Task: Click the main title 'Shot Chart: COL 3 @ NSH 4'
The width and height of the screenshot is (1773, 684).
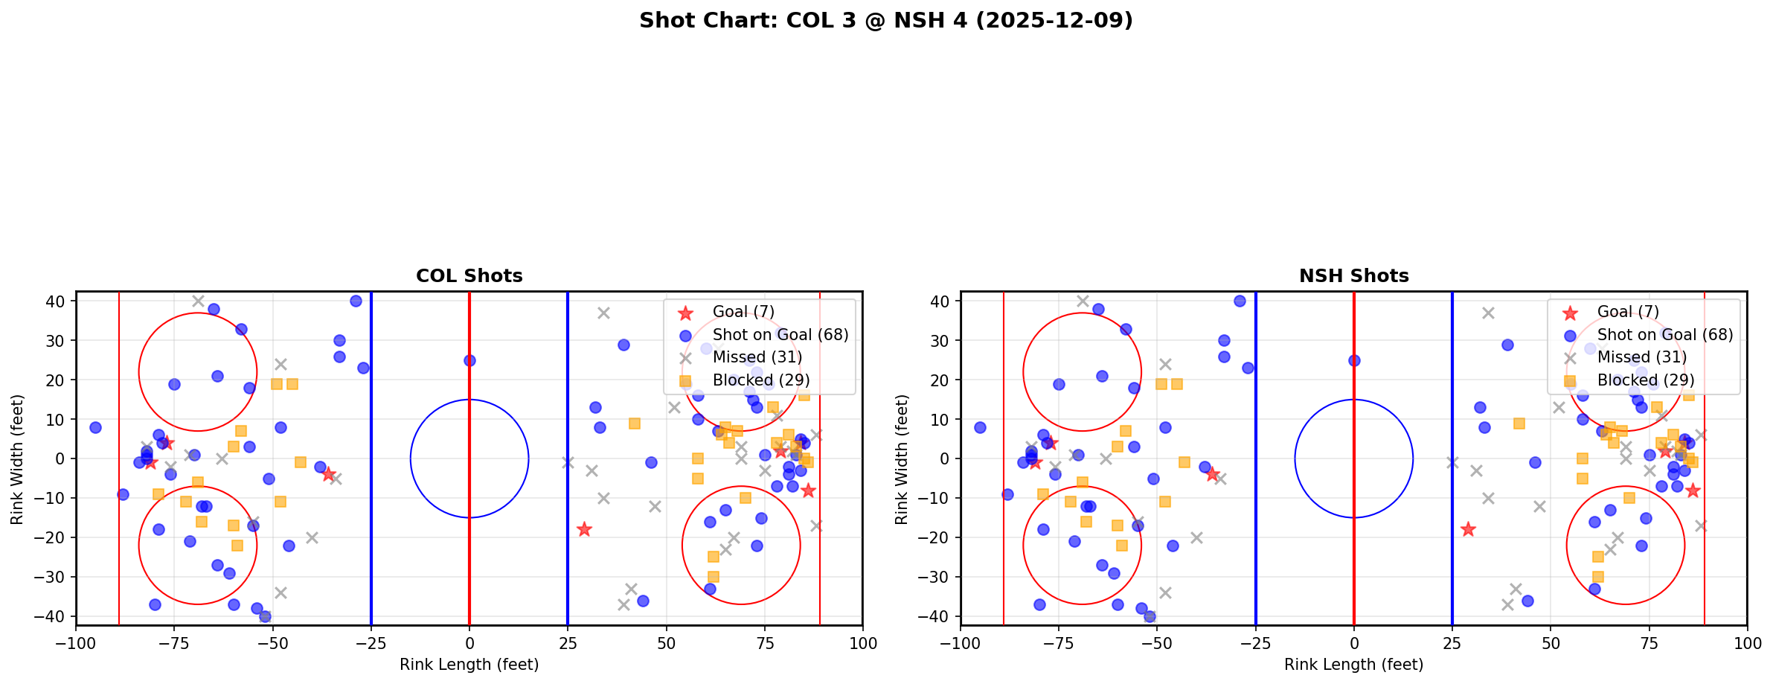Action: (x=885, y=21)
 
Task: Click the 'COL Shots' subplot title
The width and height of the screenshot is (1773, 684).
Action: (x=469, y=276)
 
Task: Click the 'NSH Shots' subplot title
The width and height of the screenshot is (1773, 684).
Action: (x=1353, y=276)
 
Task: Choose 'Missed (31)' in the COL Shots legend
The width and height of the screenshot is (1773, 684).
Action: (x=757, y=357)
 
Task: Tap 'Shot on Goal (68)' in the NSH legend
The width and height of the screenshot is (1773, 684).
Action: (x=1665, y=335)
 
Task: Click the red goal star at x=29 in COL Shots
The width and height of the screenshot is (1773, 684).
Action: (x=584, y=529)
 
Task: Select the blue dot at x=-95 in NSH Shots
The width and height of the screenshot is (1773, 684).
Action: (x=980, y=427)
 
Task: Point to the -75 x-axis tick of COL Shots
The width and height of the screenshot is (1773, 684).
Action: (x=174, y=642)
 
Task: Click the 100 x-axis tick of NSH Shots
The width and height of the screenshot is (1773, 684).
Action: (x=1747, y=642)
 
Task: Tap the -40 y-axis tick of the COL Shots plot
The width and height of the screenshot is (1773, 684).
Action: (x=56, y=616)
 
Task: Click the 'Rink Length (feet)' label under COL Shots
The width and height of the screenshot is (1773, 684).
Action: (x=469, y=665)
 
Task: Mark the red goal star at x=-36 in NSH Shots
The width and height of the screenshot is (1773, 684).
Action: (x=1212, y=474)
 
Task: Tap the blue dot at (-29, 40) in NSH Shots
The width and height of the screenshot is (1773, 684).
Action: (x=1240, y=301)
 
